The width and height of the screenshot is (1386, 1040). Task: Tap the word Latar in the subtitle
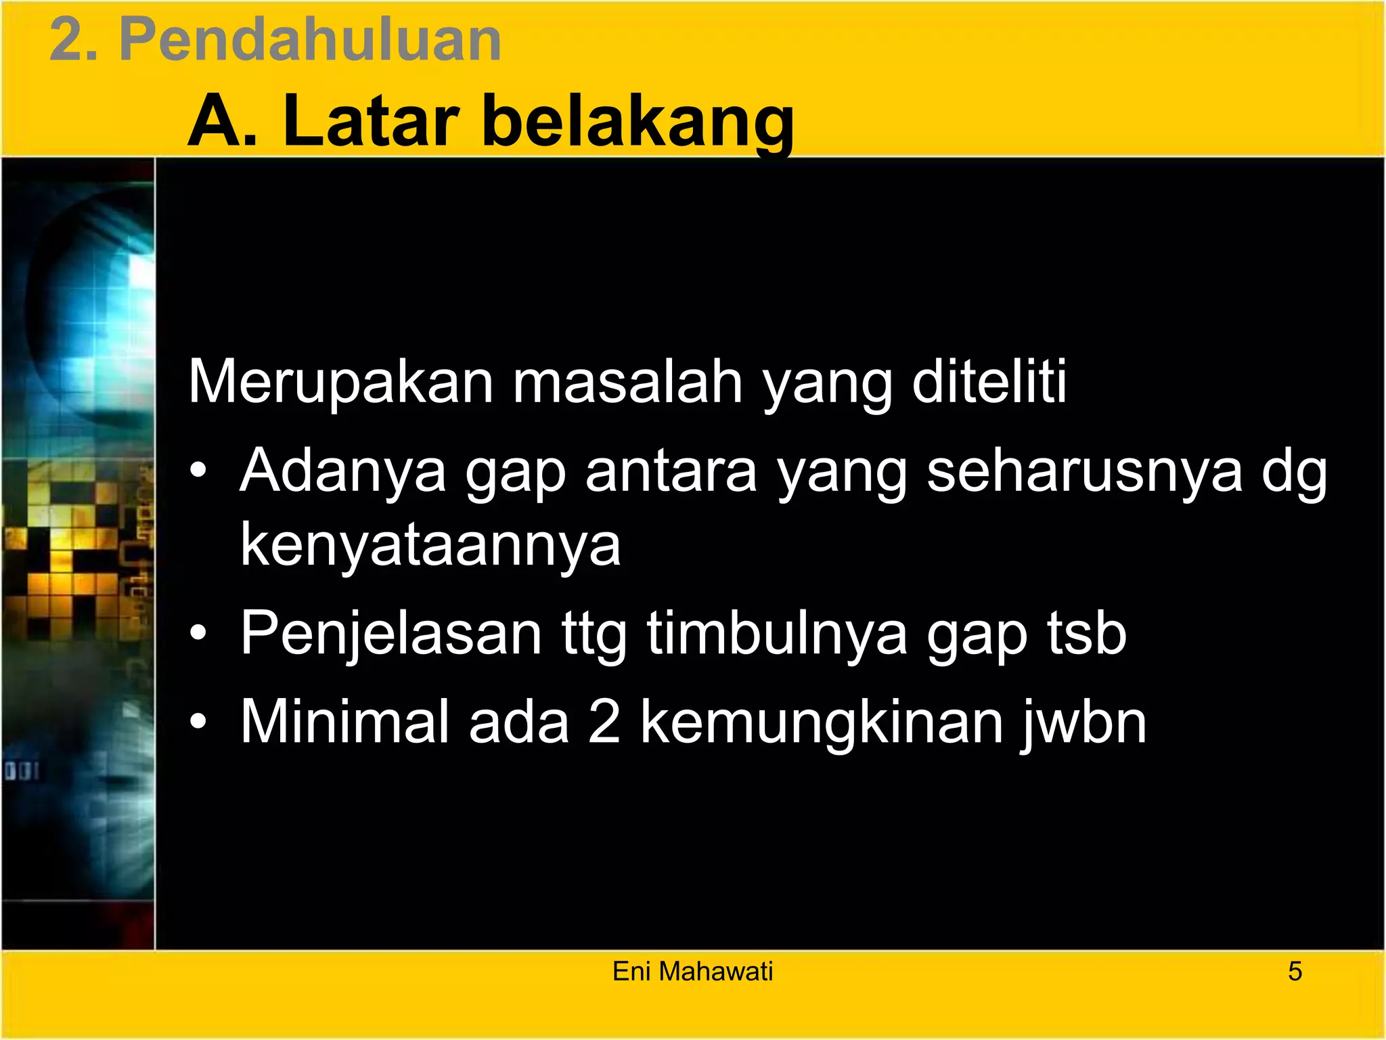tap(372, 122)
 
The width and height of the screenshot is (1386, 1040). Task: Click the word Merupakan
tap(340, 383)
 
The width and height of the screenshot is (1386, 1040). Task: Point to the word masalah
tap(627, 383)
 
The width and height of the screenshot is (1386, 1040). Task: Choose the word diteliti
tap(989, 383)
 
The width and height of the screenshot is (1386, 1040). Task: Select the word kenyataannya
tap(430, 546)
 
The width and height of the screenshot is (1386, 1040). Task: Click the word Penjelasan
tap(391, 634)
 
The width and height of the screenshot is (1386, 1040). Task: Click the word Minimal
tap(345, 722)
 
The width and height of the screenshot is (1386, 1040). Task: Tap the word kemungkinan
tap(822, 722)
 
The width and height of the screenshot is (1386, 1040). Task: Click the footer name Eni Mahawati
tap(692, 972)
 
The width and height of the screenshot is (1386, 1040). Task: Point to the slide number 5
tap(1295, 972)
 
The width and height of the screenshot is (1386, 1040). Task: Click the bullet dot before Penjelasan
tap(198, 634)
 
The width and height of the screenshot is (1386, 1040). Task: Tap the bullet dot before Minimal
tap(198, 722)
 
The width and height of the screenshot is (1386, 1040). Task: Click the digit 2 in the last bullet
tap(604, 722)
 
